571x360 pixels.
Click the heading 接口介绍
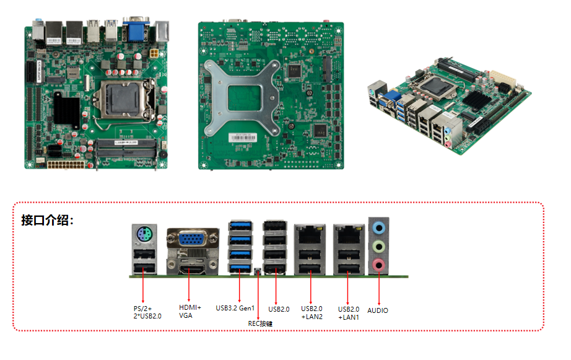pos(47,221)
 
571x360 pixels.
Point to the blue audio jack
pos(379,227)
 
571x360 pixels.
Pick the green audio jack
pos(379,247)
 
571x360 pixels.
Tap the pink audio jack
pos(379,265)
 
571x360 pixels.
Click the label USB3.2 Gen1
pos(235,307)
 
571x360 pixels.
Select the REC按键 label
pos(260,323)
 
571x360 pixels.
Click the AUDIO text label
pos(378,310)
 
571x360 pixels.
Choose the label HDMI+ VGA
pos(190,311)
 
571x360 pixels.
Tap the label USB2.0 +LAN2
pos(312,313)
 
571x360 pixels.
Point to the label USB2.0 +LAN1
pos(349,313)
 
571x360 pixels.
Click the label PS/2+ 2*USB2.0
pos(147,312)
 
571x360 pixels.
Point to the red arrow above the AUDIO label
pos(378,288)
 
